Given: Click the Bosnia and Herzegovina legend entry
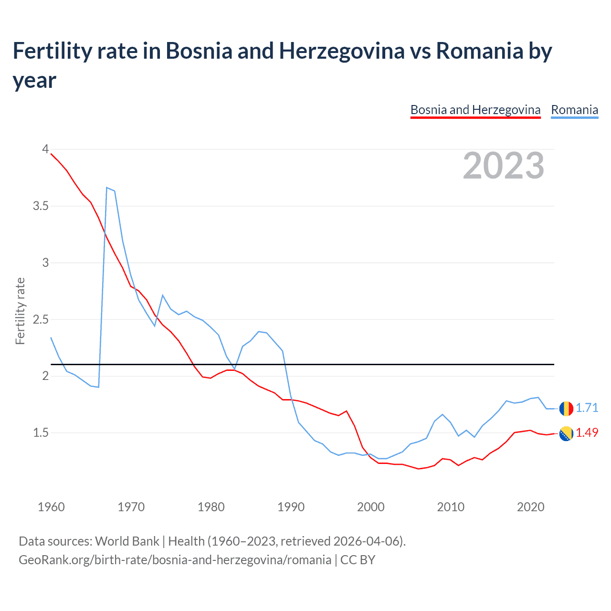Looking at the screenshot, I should (475, 110).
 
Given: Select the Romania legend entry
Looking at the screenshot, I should (574, 110).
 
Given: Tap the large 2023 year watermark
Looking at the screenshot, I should (504, 165).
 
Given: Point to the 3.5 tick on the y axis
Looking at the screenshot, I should (41, 206).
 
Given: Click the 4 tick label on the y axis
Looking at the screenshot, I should (45, 149).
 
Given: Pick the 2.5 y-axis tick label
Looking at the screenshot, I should (41, 319).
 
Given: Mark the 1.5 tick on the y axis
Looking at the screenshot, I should (41, 432).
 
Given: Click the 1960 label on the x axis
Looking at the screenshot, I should (51, 507).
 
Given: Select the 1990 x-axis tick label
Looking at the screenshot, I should (291, 507).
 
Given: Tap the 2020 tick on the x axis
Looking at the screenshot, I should (530, 507).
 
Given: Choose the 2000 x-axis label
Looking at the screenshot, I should (370, 507).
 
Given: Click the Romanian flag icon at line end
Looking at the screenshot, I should (566, 408).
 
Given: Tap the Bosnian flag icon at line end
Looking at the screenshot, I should (566, 433).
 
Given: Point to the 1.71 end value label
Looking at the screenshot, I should (587, 408).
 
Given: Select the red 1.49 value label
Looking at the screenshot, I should (587, 432).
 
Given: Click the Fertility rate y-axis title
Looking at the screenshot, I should (20, 311).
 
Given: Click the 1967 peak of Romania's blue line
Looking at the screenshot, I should (107, 188).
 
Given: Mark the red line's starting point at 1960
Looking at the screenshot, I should (51, 154).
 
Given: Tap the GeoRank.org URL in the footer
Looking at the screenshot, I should (175, 559).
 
